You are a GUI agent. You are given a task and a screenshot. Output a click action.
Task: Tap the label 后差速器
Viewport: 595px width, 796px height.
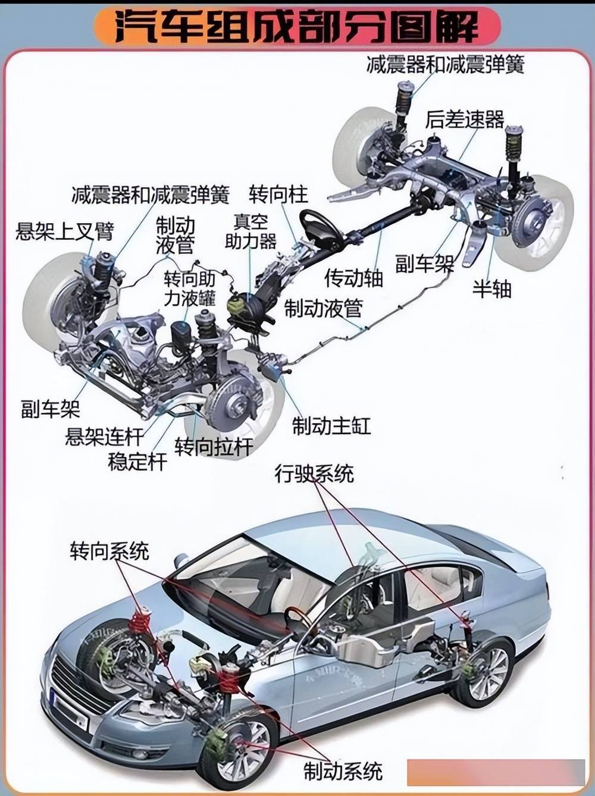click(465, 120)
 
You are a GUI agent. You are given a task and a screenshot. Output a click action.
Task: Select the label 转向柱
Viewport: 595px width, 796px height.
click(278, 194)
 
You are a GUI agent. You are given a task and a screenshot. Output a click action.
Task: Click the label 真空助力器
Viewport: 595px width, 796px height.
click(250, 232)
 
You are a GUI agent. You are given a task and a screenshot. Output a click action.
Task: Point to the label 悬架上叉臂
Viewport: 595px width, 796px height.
click(65, 231)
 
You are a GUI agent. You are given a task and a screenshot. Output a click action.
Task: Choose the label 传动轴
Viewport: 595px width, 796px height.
click(354, 278)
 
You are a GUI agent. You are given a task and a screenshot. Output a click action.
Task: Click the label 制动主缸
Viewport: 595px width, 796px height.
click(331, 426)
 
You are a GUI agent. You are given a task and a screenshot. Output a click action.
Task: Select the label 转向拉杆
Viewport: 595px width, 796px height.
click(214, 446)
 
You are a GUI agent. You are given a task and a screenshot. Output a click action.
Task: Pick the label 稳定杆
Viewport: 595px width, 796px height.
click(137, 462)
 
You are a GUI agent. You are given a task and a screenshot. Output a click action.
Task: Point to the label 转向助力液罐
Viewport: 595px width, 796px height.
click(189, 289)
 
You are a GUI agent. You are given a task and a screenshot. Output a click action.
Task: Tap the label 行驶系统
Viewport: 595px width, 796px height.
click(314, 474)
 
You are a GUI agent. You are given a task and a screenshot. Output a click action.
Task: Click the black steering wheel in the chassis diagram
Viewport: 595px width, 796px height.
click(321, 228)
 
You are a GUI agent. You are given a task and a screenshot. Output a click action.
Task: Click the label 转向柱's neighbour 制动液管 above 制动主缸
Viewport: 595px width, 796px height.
click(323, 308)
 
